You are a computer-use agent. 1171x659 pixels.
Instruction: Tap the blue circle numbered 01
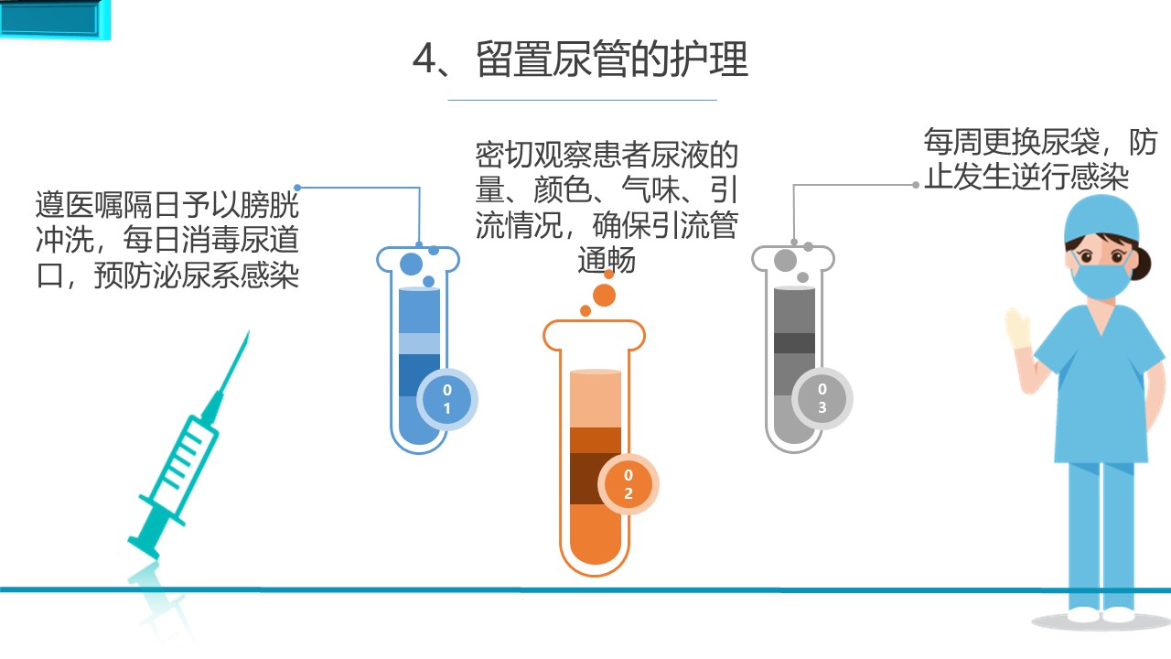click(x=447, y=400)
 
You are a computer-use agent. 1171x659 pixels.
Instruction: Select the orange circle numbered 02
click(x=628, y=485)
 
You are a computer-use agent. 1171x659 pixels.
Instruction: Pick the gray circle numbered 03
click(x=822, y=399)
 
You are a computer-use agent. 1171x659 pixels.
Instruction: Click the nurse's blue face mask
click(x=1101, y=276)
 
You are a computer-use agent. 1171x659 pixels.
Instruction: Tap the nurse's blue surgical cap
click(x=1101, y=220)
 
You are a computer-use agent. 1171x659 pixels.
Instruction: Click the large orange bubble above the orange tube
click(x=604, y=295)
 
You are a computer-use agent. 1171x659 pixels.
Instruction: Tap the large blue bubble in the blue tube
click(x=412, y=264)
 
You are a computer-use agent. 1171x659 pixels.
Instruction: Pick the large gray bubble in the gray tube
click(x=785, y=260)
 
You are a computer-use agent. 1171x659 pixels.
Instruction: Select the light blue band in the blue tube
click(x=420, y=343)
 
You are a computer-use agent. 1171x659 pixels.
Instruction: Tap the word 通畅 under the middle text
click(x=607, y=261)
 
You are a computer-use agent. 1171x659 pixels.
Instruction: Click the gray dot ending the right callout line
click(x=916, y=185)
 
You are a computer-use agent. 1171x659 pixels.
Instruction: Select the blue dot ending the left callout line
click(x=298, y=189)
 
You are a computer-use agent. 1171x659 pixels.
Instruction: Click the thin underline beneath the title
click(x=582, y=100)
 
